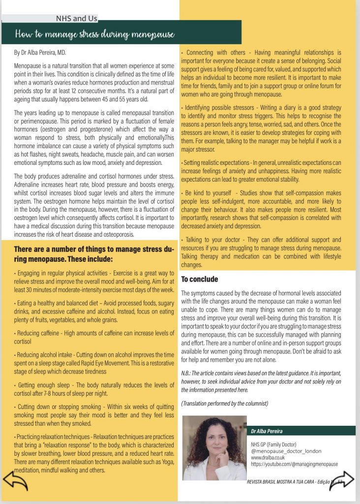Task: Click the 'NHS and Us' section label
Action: tap(76, 19)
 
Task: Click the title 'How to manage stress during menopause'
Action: tap(95, 34)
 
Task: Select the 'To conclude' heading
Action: tap(199, 279)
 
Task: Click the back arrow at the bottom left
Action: tap(15, 480)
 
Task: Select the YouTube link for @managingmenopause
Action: tap(294, 464)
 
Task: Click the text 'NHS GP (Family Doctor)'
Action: tap(273, 444)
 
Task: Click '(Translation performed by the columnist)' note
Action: tap(225, 404)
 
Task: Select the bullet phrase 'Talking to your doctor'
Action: tap(210, 239)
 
